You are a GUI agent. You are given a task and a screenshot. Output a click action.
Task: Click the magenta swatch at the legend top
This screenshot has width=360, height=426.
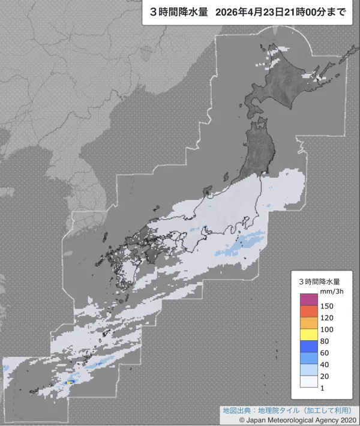click(x=308, y=299)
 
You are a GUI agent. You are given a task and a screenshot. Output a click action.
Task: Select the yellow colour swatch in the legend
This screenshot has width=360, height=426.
click(x=308, y=335)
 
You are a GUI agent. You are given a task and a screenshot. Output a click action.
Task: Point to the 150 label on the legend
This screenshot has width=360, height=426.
click(x=327, y=306)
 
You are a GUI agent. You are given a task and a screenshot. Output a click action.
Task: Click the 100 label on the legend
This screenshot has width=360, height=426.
click(x=327, y=330)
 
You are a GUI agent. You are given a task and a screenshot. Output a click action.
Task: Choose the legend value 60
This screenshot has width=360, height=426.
click(x=325, y=353)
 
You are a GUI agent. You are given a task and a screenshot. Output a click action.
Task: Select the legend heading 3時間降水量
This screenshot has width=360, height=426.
click(x=320, y=281)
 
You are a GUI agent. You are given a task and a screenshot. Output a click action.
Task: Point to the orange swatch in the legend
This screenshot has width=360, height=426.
click(x=308, y=323)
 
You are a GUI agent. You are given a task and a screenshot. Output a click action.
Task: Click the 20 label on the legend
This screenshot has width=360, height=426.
click(x=325, y=377)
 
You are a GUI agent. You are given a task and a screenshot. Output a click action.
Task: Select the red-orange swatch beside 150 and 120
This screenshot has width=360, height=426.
click(x=308, y=311)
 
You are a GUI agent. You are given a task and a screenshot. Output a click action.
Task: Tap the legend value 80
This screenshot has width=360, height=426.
click(x=325, y=341)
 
